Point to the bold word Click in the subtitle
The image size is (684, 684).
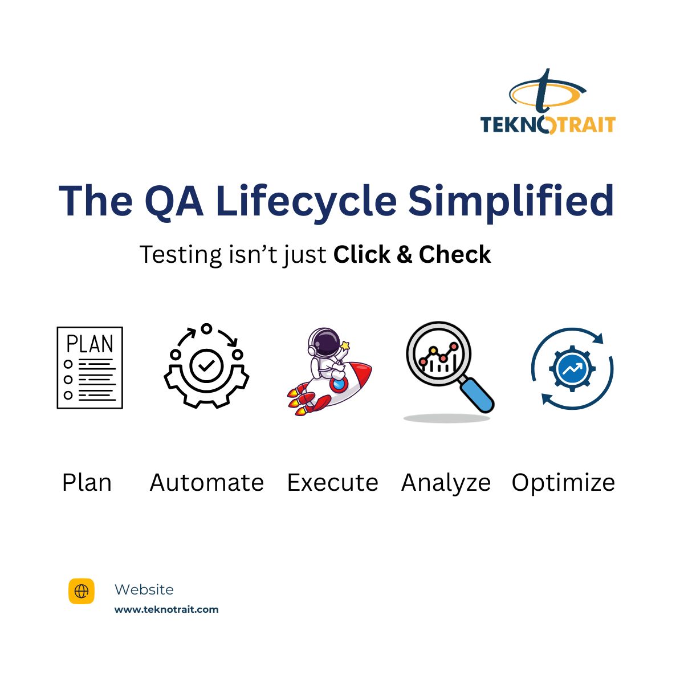361,254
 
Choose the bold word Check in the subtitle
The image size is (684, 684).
454,254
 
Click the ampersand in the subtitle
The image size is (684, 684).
404,255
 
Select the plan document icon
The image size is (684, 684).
89,368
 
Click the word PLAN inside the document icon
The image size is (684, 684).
89,344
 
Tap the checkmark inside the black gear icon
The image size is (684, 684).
206,365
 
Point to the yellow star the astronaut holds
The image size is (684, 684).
345,345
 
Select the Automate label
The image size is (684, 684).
206,483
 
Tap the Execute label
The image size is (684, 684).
332,483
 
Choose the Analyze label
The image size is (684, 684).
446,483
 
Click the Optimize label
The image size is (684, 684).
563,483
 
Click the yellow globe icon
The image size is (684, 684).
82,591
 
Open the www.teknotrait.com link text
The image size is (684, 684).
166,609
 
